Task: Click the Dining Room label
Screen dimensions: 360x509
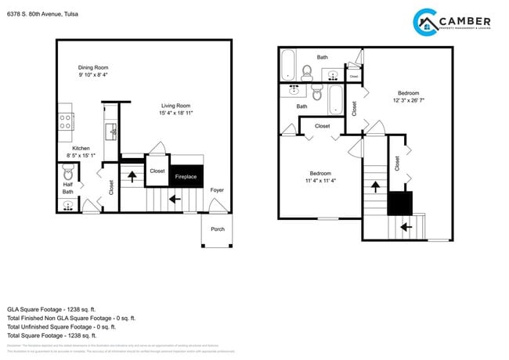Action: [93, 67]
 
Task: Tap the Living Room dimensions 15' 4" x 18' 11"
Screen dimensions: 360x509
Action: [176, 113]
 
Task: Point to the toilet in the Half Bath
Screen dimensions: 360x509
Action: [67, 173]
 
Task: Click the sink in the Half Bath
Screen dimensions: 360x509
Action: [68, 206]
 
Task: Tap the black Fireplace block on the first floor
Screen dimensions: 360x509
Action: [186, 176]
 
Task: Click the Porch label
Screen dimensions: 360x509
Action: [217, 229]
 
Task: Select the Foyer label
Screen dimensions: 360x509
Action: [216, 189]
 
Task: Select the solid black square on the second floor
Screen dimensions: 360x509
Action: [399, 203]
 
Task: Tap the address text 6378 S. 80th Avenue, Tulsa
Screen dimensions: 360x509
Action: [42, 14]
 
